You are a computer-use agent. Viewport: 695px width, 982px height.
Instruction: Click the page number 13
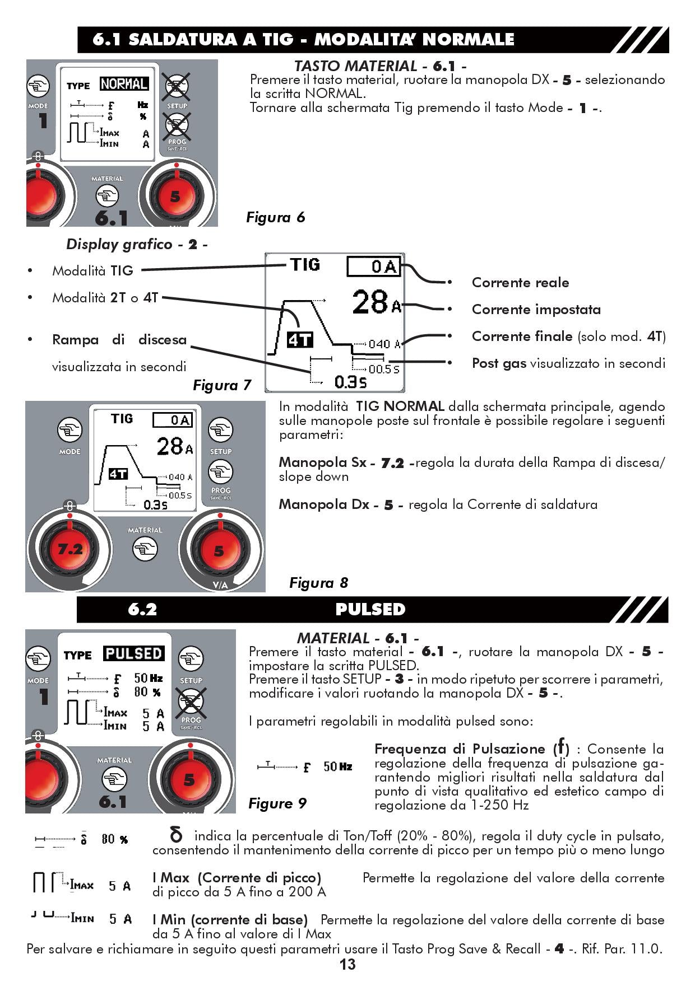[347, 964]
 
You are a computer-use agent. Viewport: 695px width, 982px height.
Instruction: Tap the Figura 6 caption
[275, 217]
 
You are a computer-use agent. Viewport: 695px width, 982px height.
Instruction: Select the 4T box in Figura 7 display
[300, 340]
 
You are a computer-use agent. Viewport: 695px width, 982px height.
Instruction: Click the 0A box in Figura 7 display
[374, 266]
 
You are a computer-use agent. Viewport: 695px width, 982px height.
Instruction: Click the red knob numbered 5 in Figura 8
[219, 551]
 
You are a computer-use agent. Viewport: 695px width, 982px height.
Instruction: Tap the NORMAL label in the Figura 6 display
[124, 84]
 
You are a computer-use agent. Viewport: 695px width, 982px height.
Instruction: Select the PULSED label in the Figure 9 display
[133, 653]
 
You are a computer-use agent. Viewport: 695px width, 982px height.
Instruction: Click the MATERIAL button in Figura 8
[145, 549]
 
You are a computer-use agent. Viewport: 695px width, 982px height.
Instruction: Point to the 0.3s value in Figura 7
[350, 382]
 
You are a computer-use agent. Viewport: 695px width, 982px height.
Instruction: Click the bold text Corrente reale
[520, 283]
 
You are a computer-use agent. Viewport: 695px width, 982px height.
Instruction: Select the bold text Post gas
[499, 363]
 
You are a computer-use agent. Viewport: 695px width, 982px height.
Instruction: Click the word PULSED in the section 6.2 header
[370, 609]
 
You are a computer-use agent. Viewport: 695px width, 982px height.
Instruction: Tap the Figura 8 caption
[318, 583]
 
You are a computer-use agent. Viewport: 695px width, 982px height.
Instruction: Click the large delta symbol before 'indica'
[175, 835]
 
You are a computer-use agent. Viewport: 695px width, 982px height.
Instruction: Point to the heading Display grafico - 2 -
[137, 244]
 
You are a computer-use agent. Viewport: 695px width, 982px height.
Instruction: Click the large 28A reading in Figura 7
[376, 302]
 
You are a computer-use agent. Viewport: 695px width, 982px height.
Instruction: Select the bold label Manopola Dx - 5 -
[340, 504]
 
